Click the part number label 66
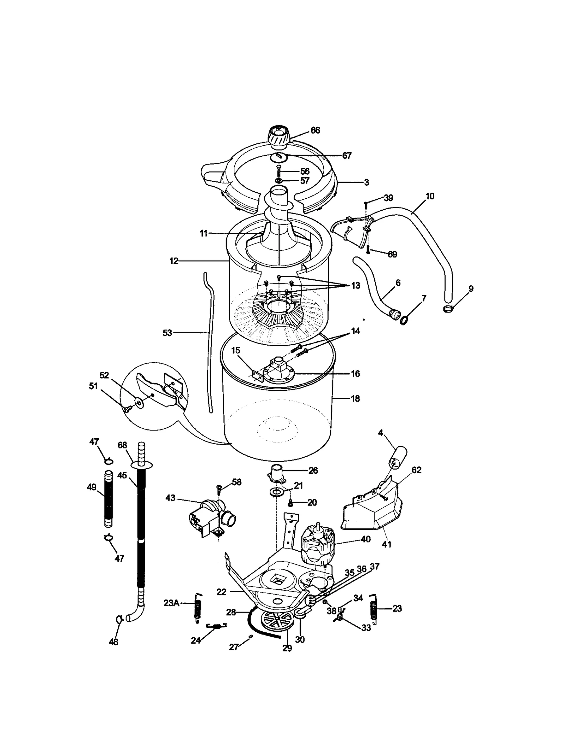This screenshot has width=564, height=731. pos(315,130)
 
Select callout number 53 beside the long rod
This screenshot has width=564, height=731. pos(167,333)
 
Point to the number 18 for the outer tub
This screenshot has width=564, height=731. pos(355,398)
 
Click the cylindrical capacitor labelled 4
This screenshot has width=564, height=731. pos(397,457)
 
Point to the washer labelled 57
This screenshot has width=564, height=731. pos(278,181)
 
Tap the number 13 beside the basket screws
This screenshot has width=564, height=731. pos(356,285)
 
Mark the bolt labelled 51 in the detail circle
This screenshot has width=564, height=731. pos(127,408)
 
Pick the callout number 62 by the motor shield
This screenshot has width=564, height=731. pos(416,470)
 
